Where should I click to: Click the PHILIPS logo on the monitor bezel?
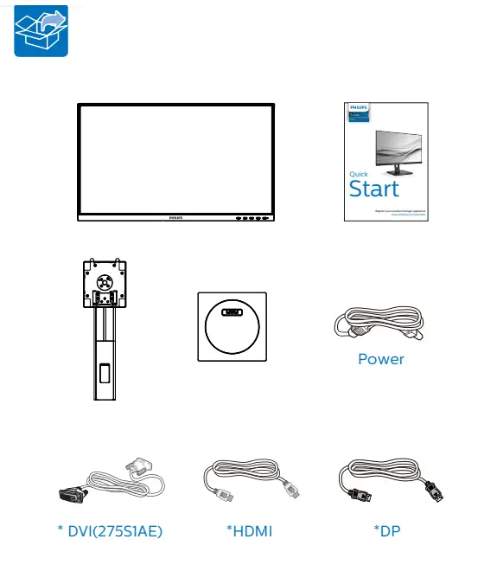point(176,218)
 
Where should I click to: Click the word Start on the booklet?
point(374,189)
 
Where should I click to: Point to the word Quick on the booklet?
point(359,174)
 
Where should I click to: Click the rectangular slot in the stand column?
point(105,375)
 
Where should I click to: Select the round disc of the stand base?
point(231,327)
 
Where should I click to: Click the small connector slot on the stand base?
point(231,314)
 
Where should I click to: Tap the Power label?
point(381,358)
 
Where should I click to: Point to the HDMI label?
point(249,530)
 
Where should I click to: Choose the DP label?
point(387,530)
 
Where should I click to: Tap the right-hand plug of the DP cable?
point(436,491)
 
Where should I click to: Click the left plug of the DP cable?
point(356,498)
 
